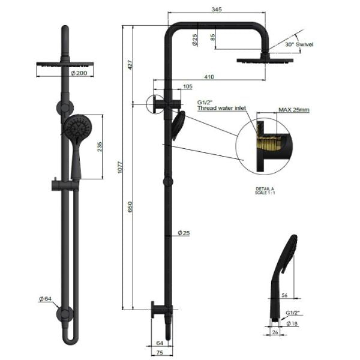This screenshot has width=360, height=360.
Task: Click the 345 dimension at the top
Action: (x=217, y=9)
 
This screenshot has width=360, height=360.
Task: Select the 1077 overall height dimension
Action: (x=119, y=167)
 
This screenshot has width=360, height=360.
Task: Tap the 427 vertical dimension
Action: (x=130, y=65)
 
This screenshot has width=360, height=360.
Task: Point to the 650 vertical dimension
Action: (x=130, y=206)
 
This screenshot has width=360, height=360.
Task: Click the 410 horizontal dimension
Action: (x=209, y=77)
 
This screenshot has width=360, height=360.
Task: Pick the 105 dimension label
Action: (x=188, y=86)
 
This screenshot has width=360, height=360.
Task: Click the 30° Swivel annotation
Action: (x=299, y=44)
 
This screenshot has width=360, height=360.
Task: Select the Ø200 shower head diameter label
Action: (x=79, y=73)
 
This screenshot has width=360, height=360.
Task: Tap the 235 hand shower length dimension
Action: (x=100, y=147)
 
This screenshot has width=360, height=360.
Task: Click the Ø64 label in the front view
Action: (x=45, y=299)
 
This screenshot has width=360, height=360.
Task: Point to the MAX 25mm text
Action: (x=294, y=110)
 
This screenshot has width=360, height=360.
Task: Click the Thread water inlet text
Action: (x=221, y=108)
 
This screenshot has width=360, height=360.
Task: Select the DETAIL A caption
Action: (x=265, y=189)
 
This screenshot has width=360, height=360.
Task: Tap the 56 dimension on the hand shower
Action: (x=284, y=295)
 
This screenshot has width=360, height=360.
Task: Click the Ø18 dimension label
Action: (x=292, y=323)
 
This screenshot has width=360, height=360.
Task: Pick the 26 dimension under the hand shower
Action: (x=275, y=332)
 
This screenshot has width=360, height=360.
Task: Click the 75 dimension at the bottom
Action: (x=160, y=352)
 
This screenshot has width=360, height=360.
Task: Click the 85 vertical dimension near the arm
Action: (x=212, y=37)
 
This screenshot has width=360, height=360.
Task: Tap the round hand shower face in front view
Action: (x=78, y=127)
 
